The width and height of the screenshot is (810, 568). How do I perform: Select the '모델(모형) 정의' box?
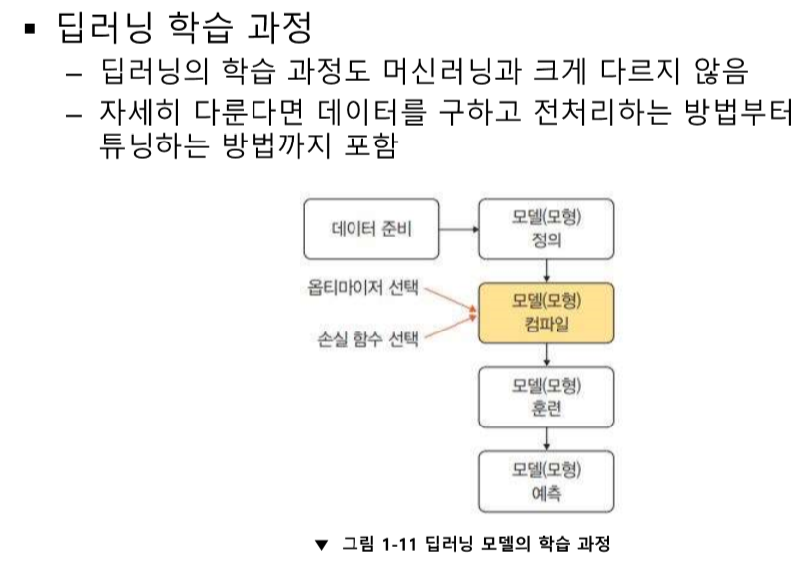point(547,229)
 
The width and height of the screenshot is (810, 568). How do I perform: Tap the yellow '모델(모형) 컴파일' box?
point(547,313)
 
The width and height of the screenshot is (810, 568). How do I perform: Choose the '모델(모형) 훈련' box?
point(547,396)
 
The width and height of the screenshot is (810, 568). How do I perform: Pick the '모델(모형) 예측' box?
point(547,479)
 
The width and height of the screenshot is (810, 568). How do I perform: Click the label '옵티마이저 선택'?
point(363,289)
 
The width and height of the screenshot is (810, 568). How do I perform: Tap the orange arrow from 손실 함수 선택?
point(452,329)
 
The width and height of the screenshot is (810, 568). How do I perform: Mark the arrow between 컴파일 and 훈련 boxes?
point(547,354)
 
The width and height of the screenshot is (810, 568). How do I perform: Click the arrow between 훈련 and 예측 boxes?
point(547,438)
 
